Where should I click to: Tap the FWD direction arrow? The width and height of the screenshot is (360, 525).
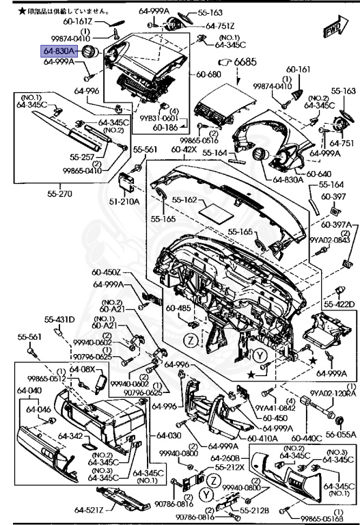[333, 30]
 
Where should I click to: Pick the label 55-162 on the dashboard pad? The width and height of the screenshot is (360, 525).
[184, 200]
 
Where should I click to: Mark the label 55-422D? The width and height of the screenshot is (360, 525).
[339, 304]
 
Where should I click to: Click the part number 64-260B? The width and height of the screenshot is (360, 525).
[224, 457]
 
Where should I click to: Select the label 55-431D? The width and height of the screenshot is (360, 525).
[60, 319]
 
